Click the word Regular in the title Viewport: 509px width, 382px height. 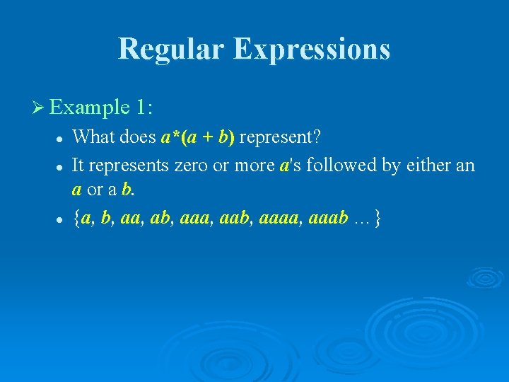(171, 49)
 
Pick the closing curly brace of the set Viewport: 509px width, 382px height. (380, 219)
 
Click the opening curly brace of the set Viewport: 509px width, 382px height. (76, 219)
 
